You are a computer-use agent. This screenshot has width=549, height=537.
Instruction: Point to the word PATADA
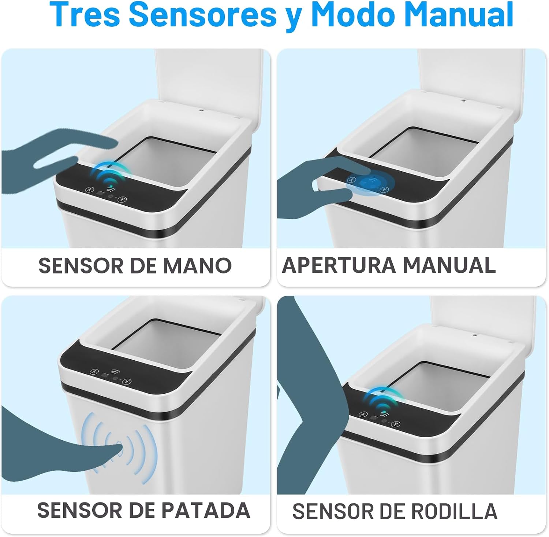pyautogui.click(x=206, y=510)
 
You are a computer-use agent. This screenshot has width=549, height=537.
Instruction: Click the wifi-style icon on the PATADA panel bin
pyautogui.click(x=115, y=371)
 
